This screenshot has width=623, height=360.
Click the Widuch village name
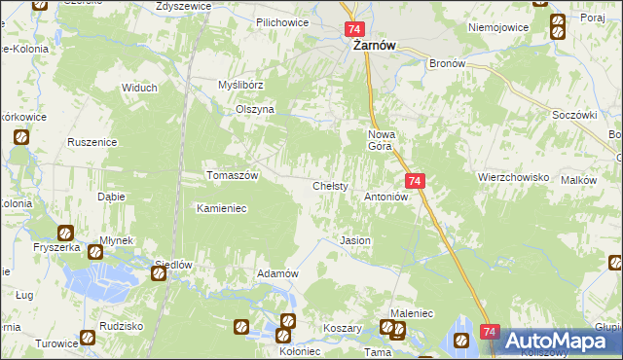139,88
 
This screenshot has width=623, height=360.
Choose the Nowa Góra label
381,140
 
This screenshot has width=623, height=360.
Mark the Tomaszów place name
232,176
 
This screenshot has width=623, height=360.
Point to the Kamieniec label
225,208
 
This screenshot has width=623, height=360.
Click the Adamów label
276,274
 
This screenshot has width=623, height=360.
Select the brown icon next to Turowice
88,339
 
